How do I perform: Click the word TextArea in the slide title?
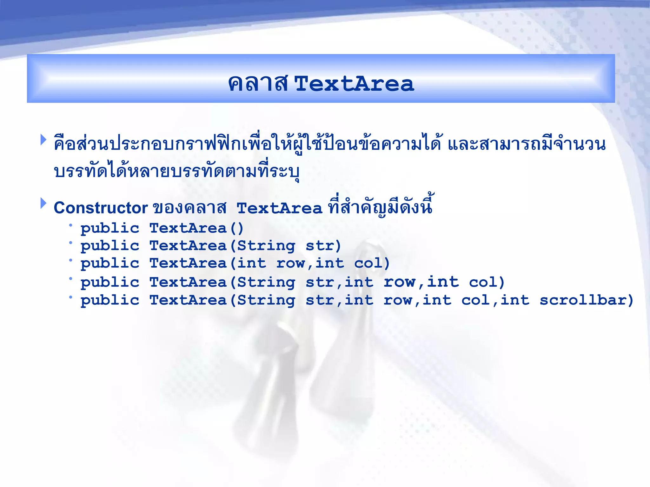pyautogui.click(x=354, y=84)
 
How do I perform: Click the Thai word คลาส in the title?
pyautogui.click(x=258, y=84)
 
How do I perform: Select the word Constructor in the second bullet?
pyautogui.click(x=101, y=208)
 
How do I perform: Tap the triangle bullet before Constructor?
pyautogui.click(x=43, y=203)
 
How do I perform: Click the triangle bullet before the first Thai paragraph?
pyautogui.click(x=43, y=140)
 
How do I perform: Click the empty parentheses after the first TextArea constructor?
pyautogui.click(x=237, y=228)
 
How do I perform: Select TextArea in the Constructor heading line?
pyautogui.click(x=279, y=208)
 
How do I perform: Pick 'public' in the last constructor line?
pyautogui.click(x=110, y=301)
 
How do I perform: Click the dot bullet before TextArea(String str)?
pyautogui.click(x=70, y=243)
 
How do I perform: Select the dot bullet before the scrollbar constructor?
pyautogui.click(x=70, y=297)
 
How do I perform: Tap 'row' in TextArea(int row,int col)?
pyautogui.click(x=291, y=263)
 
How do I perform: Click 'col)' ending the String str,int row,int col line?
pyautogui.click(x=487, y=282)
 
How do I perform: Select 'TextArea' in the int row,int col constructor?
pyautogui.click(x=188, y=263)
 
